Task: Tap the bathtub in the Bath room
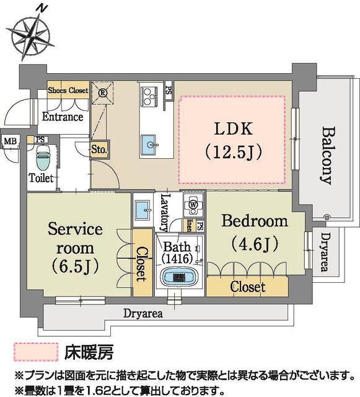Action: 178,275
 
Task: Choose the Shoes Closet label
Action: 68,90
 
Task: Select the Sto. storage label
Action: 100,149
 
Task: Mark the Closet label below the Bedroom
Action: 247,287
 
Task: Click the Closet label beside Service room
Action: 141,264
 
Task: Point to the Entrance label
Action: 62,116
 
